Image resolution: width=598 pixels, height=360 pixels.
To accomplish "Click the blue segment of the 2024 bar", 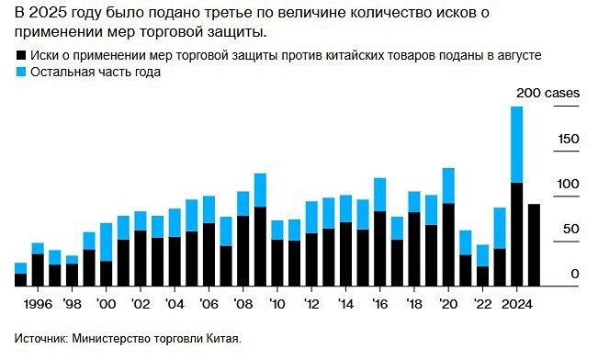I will (x=516, y=145).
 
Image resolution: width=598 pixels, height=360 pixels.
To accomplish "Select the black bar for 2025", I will (x=534, y=245).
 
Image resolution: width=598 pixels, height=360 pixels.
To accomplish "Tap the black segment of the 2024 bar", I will (x=516, y=235).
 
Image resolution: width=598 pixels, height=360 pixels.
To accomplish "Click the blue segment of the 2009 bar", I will (x=260, y=190).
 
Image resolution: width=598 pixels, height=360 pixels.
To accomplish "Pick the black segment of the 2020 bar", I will (x=448, y=245).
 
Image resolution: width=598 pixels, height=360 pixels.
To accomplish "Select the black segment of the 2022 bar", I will (x=482, y=276).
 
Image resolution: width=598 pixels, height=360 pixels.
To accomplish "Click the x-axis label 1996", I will (x=38, y=303).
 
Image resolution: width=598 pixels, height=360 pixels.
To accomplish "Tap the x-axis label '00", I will (x=106, y=303).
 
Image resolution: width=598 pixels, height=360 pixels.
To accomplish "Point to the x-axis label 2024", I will (x=516, y=303).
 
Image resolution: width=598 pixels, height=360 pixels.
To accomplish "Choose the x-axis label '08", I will (x=243, y=303).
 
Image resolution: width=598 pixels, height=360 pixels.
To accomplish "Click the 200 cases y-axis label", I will (x=546, y=94).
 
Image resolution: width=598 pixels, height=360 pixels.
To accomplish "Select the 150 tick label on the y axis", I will (x=569, y=139).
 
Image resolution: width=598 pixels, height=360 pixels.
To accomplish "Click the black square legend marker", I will (x=20, y=56).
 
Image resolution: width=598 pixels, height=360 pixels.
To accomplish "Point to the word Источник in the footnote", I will (x=42, y=339).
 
